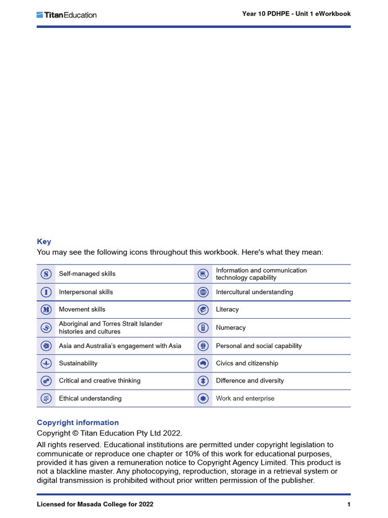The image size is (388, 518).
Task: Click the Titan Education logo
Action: click(x=66, y=15)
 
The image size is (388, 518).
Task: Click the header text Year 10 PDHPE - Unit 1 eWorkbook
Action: click(x=296, y=14)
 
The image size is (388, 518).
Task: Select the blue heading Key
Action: click(x=44, y=242)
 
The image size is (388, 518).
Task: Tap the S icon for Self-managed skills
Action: click(x=46, y=274)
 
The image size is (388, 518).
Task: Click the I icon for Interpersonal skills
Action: click(x=46, y=292)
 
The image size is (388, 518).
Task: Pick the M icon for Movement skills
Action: click(x=46, y=310)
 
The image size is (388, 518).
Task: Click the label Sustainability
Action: click(x=78, y=363)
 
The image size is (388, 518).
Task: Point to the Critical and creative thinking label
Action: click(x=100, y=380)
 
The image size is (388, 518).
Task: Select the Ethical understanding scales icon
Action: click(x=46, y=399)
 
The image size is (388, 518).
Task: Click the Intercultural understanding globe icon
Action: click(x=203, y=292)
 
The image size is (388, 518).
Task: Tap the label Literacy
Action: click(x=227, y=310)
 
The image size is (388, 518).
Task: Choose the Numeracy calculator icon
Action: click(x=203, y=328)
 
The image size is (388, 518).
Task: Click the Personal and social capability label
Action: click(x=259, y=346)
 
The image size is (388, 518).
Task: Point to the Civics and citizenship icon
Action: click(x=203, y=363)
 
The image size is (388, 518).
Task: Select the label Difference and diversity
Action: click(x=250, y=380)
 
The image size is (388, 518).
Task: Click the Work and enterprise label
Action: click(x=245, y=399)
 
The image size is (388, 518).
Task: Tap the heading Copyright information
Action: click(x=78, y=422)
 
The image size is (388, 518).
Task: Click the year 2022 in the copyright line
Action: click(x=172, y=433)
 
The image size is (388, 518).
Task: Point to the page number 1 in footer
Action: click(x=349, y=504)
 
